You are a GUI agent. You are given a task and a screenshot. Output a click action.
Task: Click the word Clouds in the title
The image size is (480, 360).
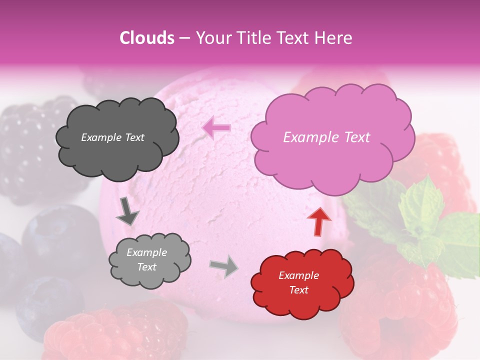point(147,38)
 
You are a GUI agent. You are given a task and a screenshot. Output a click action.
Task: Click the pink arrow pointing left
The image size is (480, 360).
point(216,128)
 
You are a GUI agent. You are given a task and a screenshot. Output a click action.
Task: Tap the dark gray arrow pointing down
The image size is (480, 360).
point(127,212)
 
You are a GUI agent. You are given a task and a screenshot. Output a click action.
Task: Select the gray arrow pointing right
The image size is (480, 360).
point(224,266)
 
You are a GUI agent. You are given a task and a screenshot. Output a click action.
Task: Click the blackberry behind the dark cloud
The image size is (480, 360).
point(25,145)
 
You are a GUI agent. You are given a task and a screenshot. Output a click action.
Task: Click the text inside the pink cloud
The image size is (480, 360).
point(326,137)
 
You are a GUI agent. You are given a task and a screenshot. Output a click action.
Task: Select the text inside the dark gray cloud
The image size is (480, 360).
point(112,137)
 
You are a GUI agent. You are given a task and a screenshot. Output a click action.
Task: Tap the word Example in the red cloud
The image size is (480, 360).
point(298,275)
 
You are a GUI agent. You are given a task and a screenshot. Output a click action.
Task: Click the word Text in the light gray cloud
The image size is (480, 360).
point(147,267)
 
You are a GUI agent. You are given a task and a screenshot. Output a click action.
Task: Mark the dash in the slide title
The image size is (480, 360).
point(184,38)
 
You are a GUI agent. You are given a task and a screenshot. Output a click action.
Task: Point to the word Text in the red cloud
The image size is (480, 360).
point(298,290)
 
